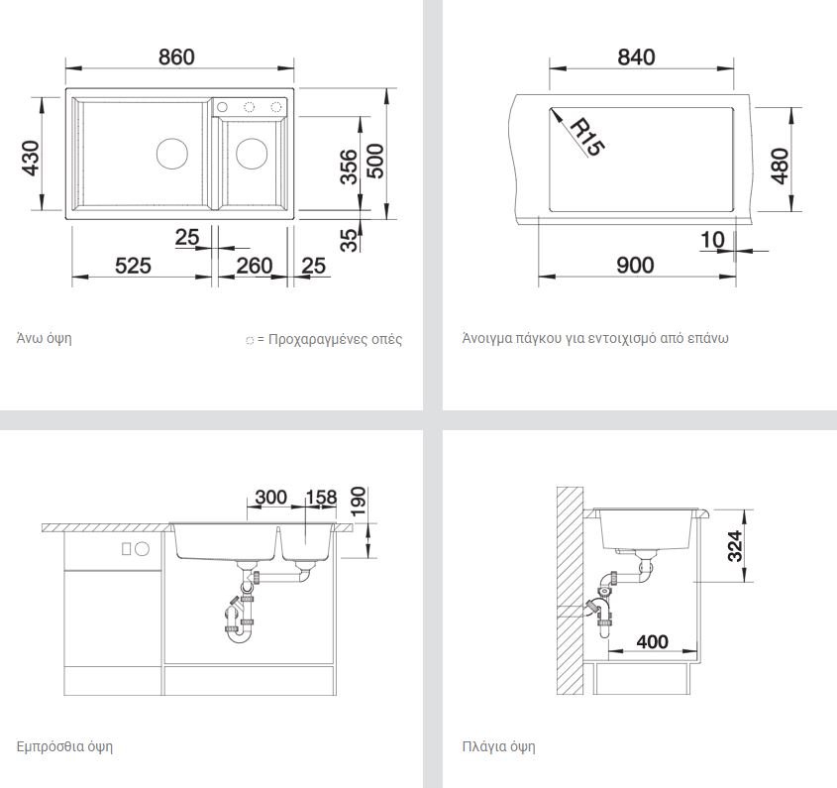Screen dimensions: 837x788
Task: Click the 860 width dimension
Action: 176,56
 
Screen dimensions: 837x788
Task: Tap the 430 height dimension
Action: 31,159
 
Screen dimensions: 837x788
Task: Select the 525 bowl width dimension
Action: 133,266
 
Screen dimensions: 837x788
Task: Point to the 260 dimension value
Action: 255,266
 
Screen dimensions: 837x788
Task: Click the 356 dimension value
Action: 349,167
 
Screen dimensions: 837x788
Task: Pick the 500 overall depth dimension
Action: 375,161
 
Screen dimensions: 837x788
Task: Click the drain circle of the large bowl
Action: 172,154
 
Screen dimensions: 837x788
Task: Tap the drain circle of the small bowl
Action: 252,154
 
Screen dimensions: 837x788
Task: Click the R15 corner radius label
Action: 587,138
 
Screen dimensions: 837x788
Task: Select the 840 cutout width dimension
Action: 636,56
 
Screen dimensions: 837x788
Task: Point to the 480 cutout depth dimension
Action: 780,167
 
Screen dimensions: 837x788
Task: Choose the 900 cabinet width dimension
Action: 635,265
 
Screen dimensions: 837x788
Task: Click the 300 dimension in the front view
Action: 271,498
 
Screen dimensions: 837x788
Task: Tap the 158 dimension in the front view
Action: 321,498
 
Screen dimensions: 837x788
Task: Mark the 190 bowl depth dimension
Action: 359,501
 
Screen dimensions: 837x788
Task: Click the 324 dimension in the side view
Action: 735,546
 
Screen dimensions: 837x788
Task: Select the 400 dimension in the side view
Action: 653,641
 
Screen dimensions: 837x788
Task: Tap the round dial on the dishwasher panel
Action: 142,549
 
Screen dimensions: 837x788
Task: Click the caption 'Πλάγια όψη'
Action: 498,746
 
